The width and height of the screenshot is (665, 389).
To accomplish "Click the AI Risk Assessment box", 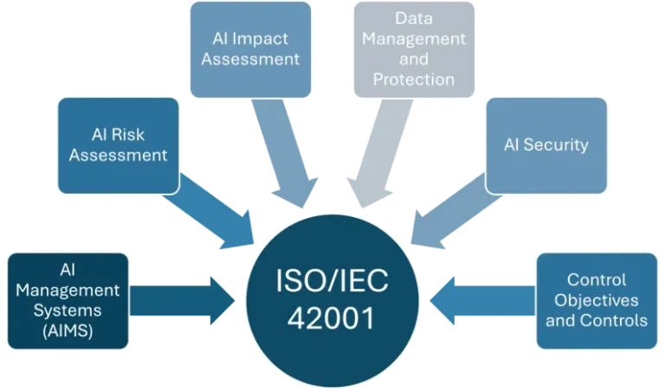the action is point(119,145).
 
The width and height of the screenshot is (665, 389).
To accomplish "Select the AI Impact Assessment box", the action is point(250,49).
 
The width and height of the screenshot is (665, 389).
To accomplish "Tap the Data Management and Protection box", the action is point(414,49).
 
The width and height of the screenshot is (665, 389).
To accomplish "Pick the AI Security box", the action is point(546,145).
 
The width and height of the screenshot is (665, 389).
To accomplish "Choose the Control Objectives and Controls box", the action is point(597,301).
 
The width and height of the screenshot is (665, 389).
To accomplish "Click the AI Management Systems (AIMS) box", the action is point(68,301).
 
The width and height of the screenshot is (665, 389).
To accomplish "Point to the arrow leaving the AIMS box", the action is point(183,301).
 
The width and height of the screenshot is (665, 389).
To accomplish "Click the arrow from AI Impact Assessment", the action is point(283,152).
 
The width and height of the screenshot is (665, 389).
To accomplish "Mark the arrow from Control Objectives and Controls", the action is point(482,301).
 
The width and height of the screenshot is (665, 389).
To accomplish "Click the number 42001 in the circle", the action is point(332,318).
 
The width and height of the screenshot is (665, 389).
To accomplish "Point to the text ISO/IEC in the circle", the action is point(332,281).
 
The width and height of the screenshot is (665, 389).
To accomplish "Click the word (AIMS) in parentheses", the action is point(68,330).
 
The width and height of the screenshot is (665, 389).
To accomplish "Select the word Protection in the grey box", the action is point(414,80).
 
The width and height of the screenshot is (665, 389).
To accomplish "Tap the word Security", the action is point(556,145).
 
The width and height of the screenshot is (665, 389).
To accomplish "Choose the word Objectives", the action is point(597,300).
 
